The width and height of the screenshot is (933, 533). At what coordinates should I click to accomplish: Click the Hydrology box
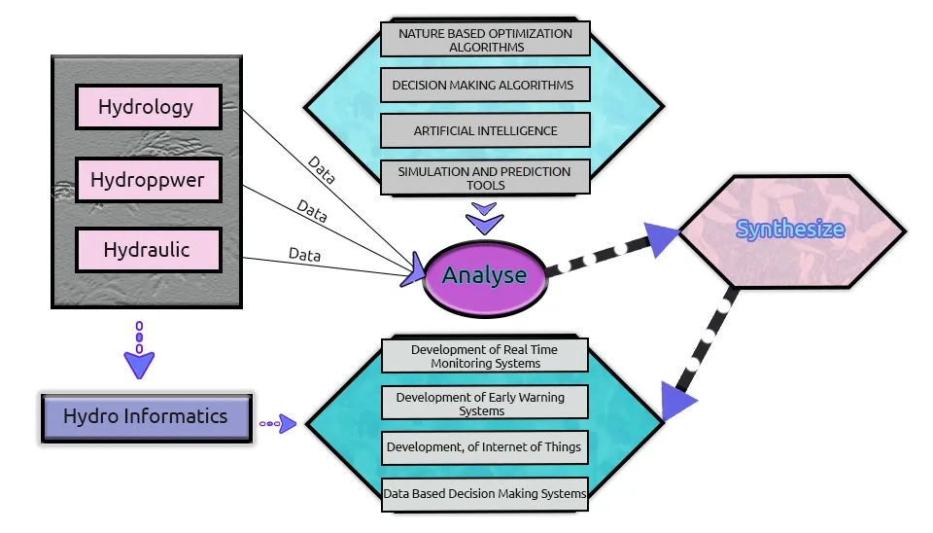147,107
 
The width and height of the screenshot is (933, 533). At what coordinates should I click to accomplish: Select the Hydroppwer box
148,179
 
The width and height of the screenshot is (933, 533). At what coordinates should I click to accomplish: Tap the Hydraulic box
148,250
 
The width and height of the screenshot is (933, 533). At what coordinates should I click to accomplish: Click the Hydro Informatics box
146,417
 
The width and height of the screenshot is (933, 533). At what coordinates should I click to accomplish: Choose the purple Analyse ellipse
484,276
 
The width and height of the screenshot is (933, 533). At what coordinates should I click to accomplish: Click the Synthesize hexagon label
790,230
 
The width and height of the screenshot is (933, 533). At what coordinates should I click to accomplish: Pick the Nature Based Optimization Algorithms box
485,40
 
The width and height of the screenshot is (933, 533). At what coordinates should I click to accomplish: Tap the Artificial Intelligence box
485,130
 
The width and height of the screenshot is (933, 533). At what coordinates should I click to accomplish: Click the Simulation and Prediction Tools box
485,177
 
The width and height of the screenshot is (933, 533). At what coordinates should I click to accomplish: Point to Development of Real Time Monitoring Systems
485,356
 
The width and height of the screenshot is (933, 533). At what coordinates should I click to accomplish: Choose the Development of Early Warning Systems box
485,403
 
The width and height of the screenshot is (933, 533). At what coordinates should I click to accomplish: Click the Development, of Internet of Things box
485,447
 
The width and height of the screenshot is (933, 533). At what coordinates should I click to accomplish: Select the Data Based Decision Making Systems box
485,493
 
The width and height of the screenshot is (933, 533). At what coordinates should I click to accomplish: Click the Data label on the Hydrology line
322,170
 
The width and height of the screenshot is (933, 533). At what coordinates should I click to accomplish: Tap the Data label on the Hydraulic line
304,255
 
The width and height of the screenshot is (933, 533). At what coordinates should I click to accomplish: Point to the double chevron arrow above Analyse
483,218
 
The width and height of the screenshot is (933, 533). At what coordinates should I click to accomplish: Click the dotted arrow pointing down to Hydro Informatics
139,351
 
